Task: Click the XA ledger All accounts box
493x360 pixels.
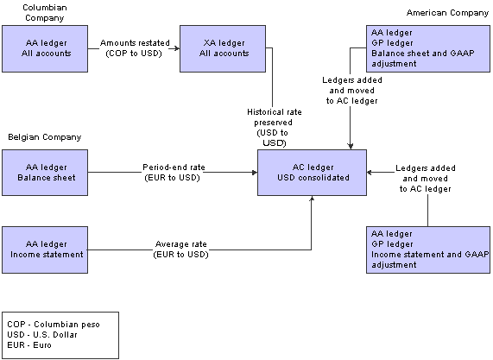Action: (223, 48)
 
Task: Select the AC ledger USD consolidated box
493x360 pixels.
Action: (312, 173)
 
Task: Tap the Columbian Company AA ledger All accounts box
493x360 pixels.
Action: (45, 48)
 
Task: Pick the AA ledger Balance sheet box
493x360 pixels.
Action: (45, 173)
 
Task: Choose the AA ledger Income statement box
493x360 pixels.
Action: (45, 249)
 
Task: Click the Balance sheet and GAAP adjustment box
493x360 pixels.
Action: (428, 48)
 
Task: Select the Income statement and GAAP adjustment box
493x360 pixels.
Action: (428, 249)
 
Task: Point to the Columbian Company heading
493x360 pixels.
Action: (45, 13)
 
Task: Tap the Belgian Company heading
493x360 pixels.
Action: (45, 137)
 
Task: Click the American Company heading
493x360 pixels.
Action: (447, 13)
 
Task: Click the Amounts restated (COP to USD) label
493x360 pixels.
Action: (135, 48)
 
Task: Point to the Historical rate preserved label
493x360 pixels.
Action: (274, 127)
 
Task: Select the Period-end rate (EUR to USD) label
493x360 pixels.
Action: (174, 173)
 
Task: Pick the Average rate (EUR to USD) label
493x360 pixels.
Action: (180, 249)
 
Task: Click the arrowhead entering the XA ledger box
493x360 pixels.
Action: (177, 48)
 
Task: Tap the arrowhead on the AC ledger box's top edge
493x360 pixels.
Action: (351, 147)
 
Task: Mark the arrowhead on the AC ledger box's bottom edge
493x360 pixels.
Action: (312, 199)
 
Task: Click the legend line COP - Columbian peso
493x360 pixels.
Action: (54, 324)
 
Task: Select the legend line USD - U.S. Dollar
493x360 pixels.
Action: (42, 335)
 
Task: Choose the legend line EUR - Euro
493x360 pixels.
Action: (29, 345)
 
